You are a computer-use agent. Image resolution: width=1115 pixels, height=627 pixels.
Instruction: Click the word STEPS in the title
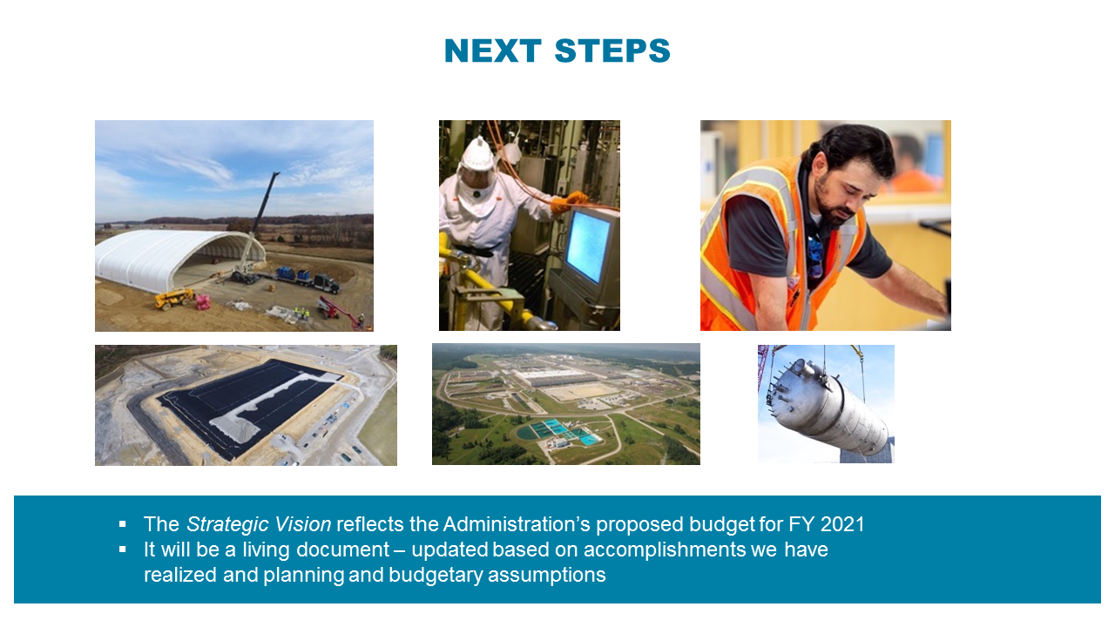(612, 51)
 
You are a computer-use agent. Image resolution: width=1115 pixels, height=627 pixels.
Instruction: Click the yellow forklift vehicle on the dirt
(174, 299)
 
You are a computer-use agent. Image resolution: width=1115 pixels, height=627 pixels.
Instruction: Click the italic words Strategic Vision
(259, 524)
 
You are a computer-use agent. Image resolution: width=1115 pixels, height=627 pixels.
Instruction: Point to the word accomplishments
(682, 550)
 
